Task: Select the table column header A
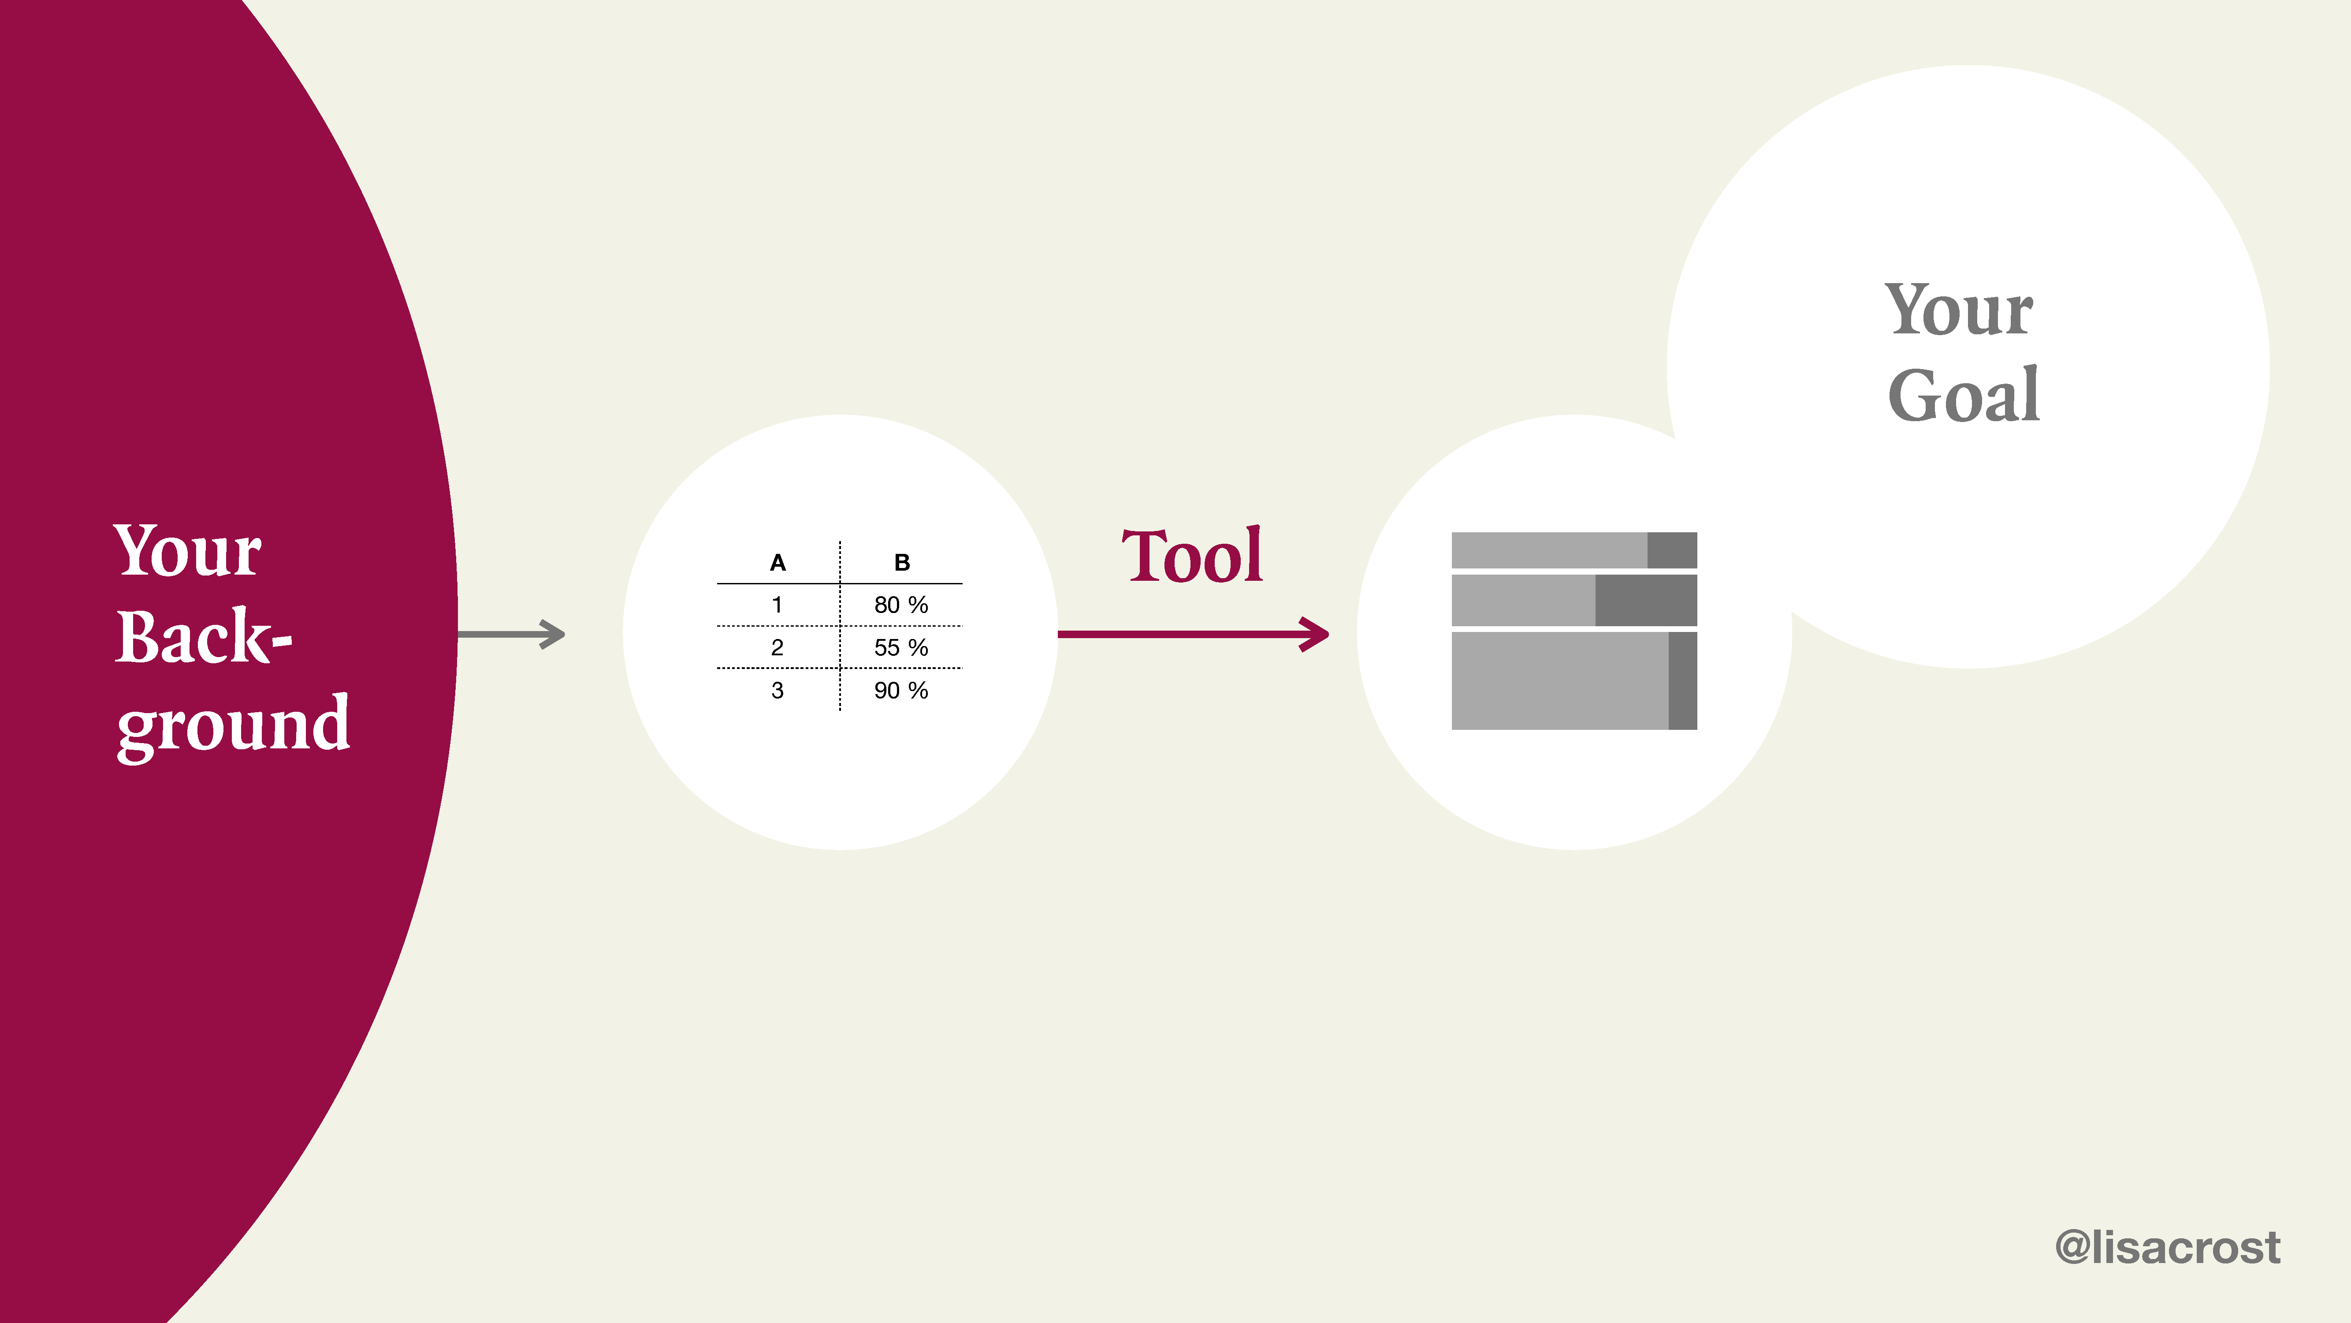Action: (x=777, y=562)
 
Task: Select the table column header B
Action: (x=902, y=562)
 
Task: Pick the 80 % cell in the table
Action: (x=901, y=605)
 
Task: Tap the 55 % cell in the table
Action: (x=901, y=647)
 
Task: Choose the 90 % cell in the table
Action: (x=901, y=690)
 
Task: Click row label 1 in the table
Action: (x=777, y=605)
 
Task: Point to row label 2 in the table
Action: (x=777, y=647)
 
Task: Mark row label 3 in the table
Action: (x=777, y=690)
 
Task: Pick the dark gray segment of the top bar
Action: (x=1672, y=549)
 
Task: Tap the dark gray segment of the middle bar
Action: (x=1646, y=600)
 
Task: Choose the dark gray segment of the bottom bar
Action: (x=1683, y=680)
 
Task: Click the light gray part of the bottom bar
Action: (x=1560, y=680)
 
